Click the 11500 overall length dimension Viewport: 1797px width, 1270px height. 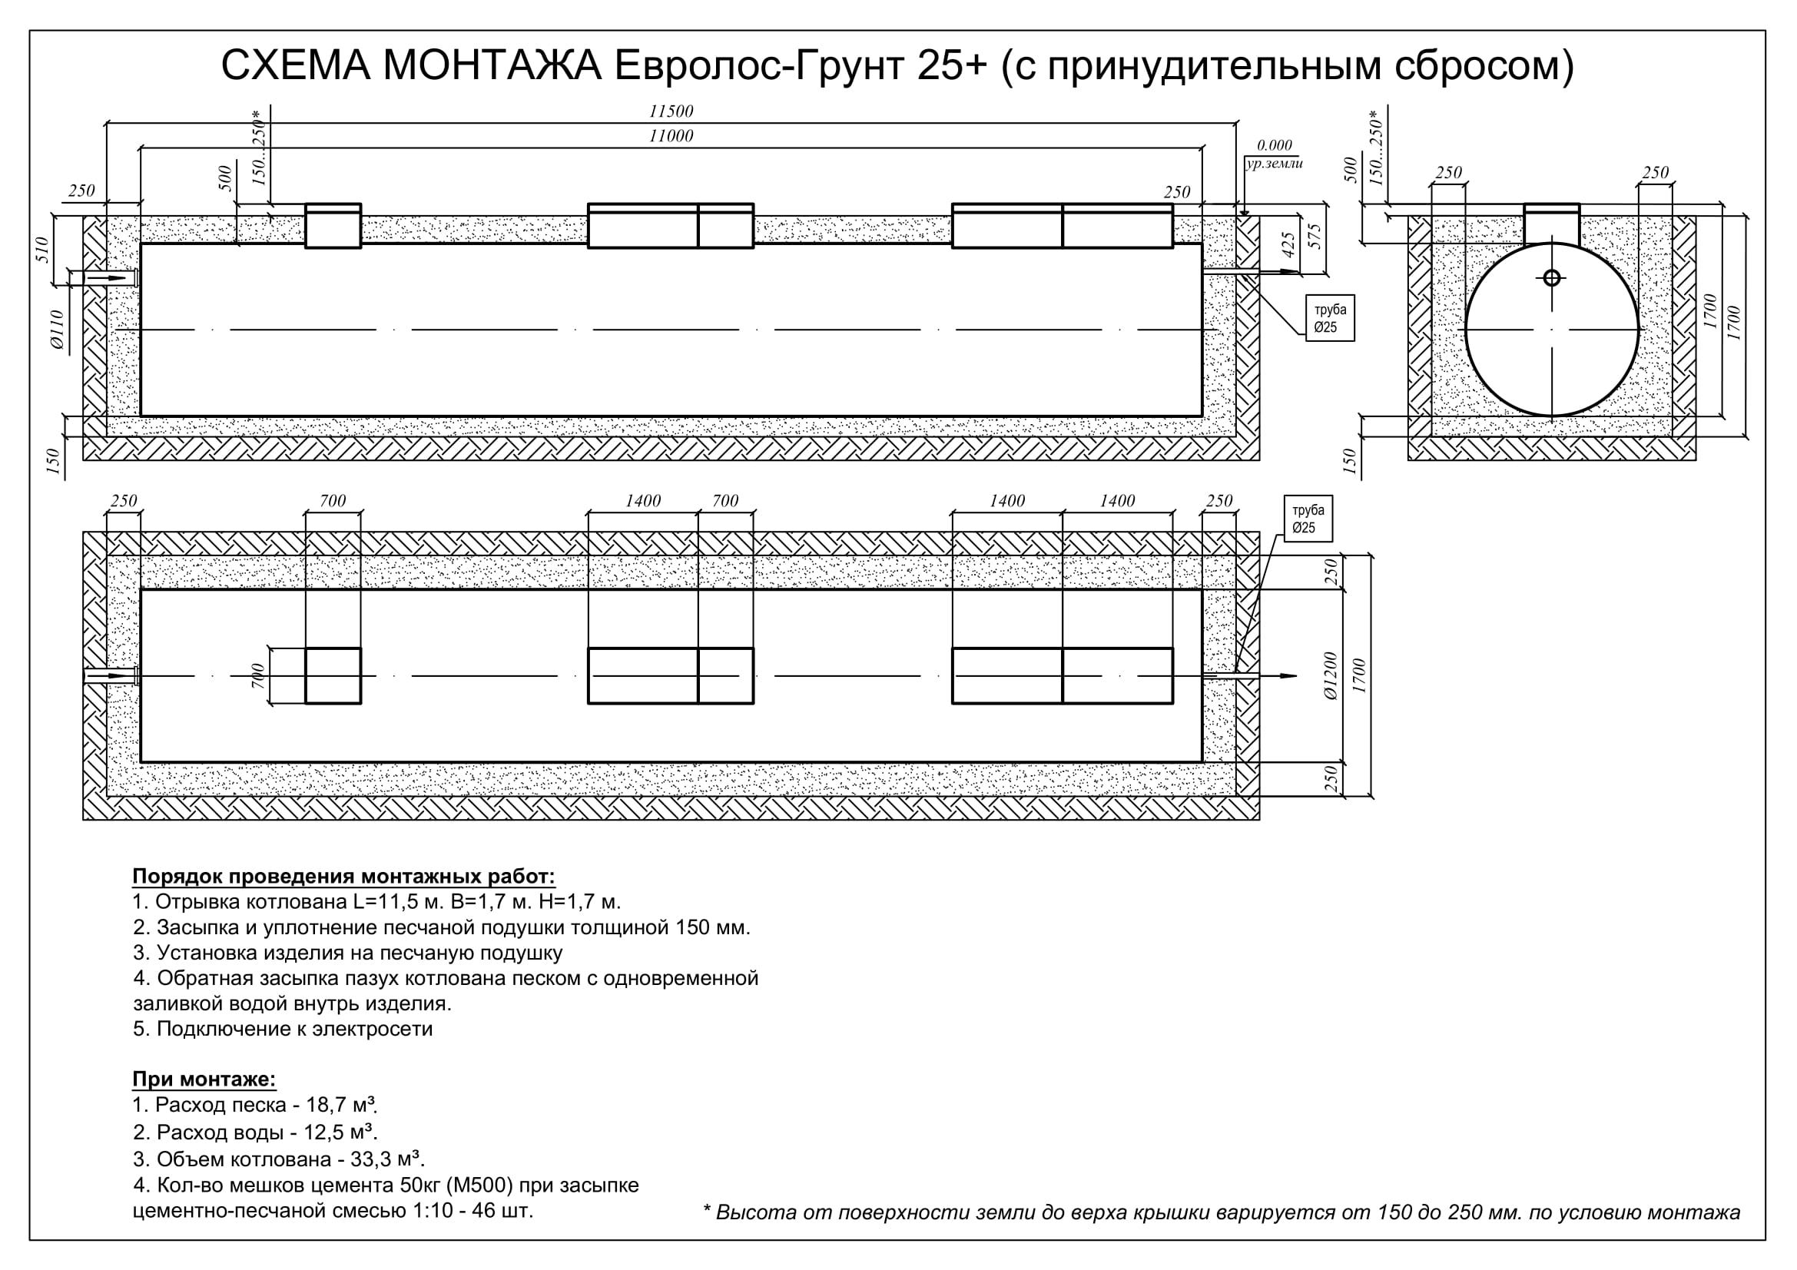pos(671,111)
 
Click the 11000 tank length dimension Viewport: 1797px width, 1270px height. pos(671,135)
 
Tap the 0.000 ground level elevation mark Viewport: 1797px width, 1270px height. pos(1274,144)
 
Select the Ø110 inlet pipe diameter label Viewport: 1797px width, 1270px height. pos(57,330)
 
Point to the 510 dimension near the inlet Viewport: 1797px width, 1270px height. pos(42,250)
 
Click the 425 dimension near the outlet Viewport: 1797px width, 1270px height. pos(1288,245)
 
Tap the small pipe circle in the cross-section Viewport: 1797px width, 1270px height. pos(1551,278)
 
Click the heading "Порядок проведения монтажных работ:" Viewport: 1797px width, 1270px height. pos(343,876)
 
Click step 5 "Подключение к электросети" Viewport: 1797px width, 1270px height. pos(283,1028)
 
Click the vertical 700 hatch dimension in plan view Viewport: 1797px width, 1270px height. pos(257,676)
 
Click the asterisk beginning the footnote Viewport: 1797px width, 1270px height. pos(708,1210)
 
